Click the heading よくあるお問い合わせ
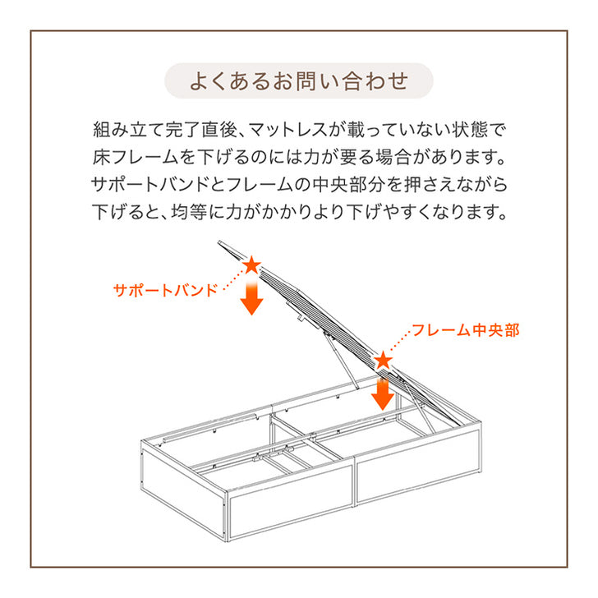click(299, 80)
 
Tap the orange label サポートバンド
click(165, 290)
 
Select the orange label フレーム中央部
click(466, 330)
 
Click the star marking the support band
click(251, 265)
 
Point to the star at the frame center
click(383, 361)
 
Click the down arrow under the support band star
click(251, 297)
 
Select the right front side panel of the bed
click(418, 467)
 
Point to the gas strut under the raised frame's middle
click(342, 361)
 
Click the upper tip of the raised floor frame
click(218, 241)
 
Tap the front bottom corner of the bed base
click(228, 540)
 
